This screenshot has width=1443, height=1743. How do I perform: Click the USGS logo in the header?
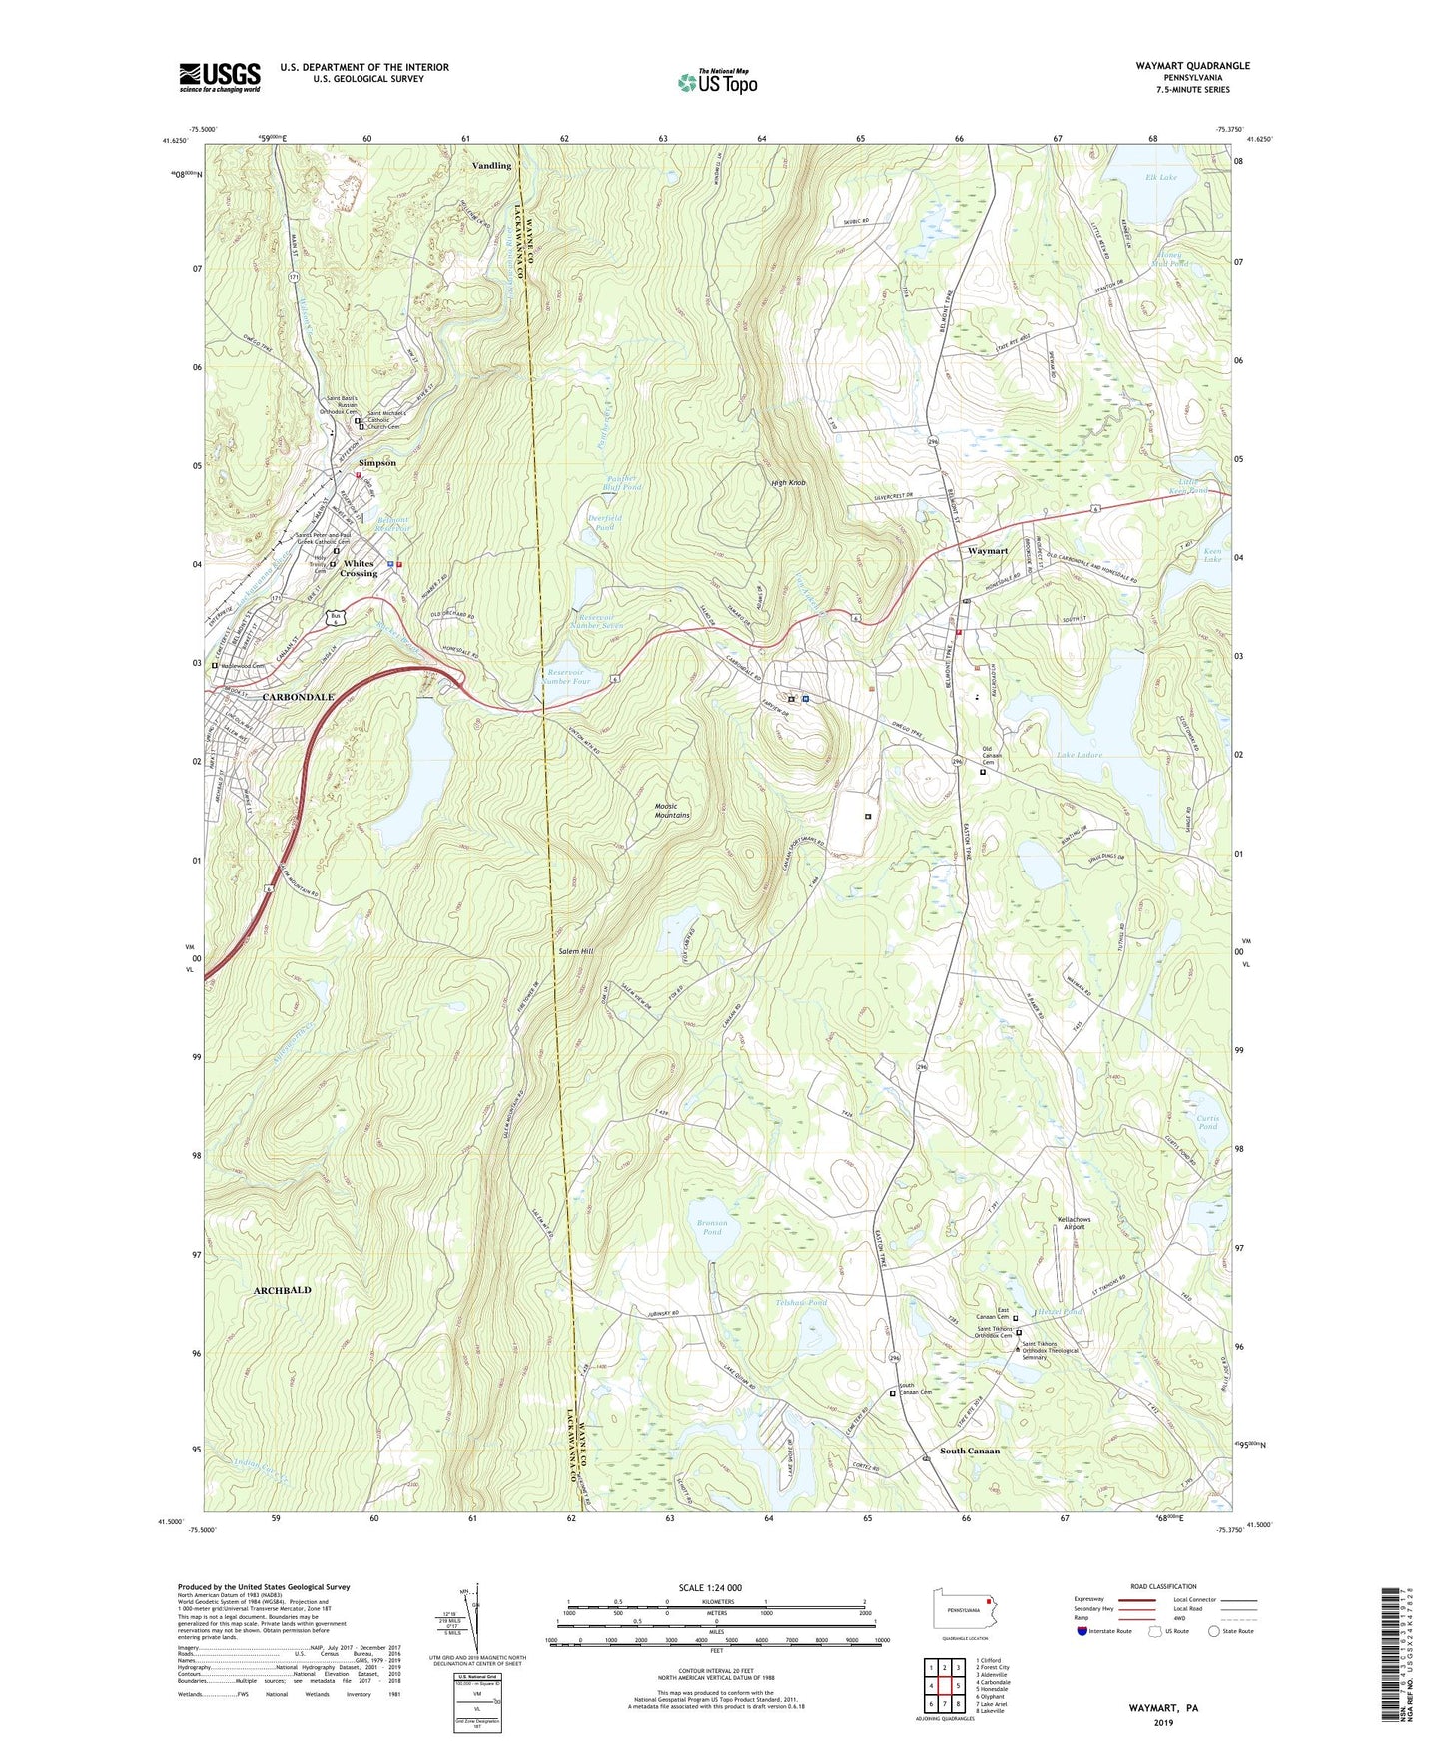[x=220, y=77]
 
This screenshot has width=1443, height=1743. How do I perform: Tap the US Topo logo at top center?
[x=717, y=82]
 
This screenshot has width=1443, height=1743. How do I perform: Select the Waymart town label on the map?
[x=987, y=551]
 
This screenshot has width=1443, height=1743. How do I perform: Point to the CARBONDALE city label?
[x=298, y=696]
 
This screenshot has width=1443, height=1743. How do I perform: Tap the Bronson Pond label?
[x=711, y=1227]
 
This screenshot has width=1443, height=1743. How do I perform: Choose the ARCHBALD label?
[x=282, y=1290]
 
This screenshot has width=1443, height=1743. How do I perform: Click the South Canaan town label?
[x=969, y=1451]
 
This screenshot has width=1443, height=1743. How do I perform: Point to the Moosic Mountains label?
[x=672, y=811]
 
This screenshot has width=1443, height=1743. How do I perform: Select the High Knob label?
[x=788, y=483]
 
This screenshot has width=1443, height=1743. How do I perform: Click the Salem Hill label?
[x=575, y=952]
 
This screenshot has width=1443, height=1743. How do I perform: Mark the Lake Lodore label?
[x=1080, y=755]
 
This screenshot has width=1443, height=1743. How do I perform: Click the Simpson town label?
[x=377, y=463]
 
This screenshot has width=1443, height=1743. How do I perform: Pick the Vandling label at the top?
[x=491, y=165]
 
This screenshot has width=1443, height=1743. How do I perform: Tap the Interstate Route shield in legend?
[x=1082, y=1631]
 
